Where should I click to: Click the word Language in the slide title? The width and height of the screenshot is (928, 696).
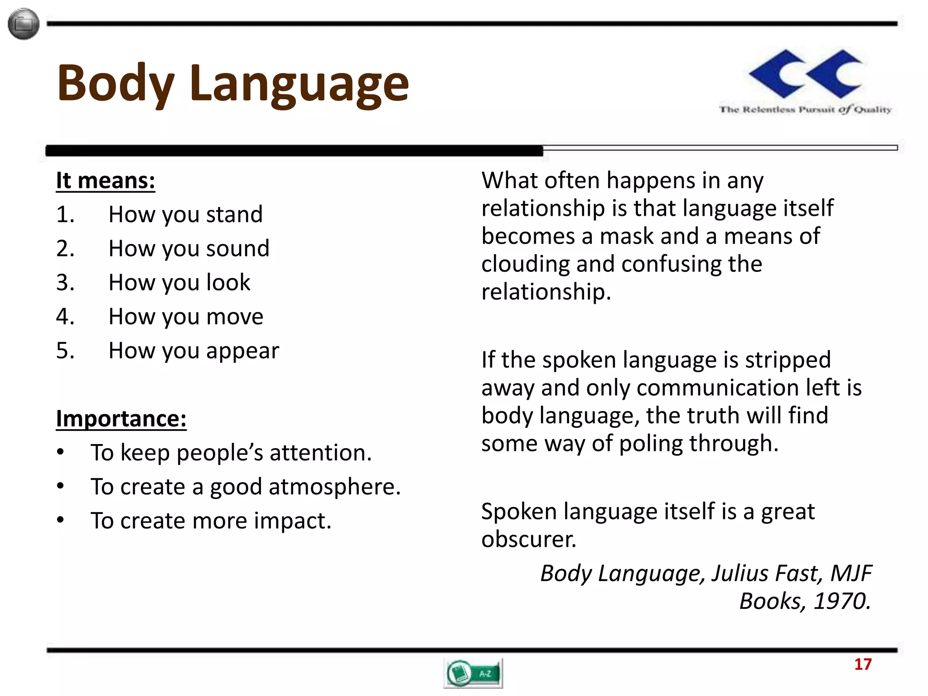coord(299,84)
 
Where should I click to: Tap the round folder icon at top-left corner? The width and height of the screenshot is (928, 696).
coord(24,24)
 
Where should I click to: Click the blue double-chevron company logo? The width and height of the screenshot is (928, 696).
coord(806,74)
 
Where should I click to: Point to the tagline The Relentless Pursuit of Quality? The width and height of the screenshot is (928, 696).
coord(805,109)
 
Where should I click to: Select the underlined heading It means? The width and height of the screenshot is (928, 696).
coord(105,180)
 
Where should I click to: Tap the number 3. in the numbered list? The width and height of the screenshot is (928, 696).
coord(65,282)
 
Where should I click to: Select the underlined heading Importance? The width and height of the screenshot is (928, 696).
coord(121,418)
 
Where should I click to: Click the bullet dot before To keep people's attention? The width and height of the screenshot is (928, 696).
coord(61,452)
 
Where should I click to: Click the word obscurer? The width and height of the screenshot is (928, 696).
coord(528,539)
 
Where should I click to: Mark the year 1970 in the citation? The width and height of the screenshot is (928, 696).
coord(841,601)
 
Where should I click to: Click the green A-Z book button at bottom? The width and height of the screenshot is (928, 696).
coord(473,673)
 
